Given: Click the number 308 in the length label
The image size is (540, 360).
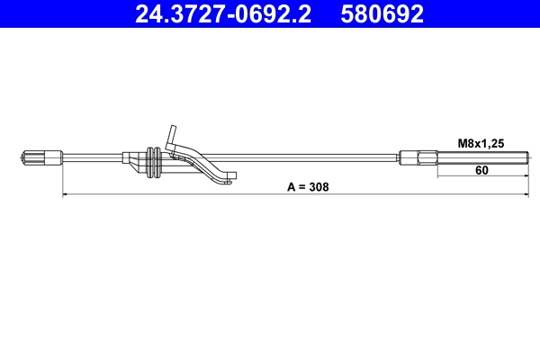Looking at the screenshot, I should coord(318,187).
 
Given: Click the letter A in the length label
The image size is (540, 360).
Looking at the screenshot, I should coord(292,187).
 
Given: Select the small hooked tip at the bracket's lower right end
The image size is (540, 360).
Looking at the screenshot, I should coord(231,177).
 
